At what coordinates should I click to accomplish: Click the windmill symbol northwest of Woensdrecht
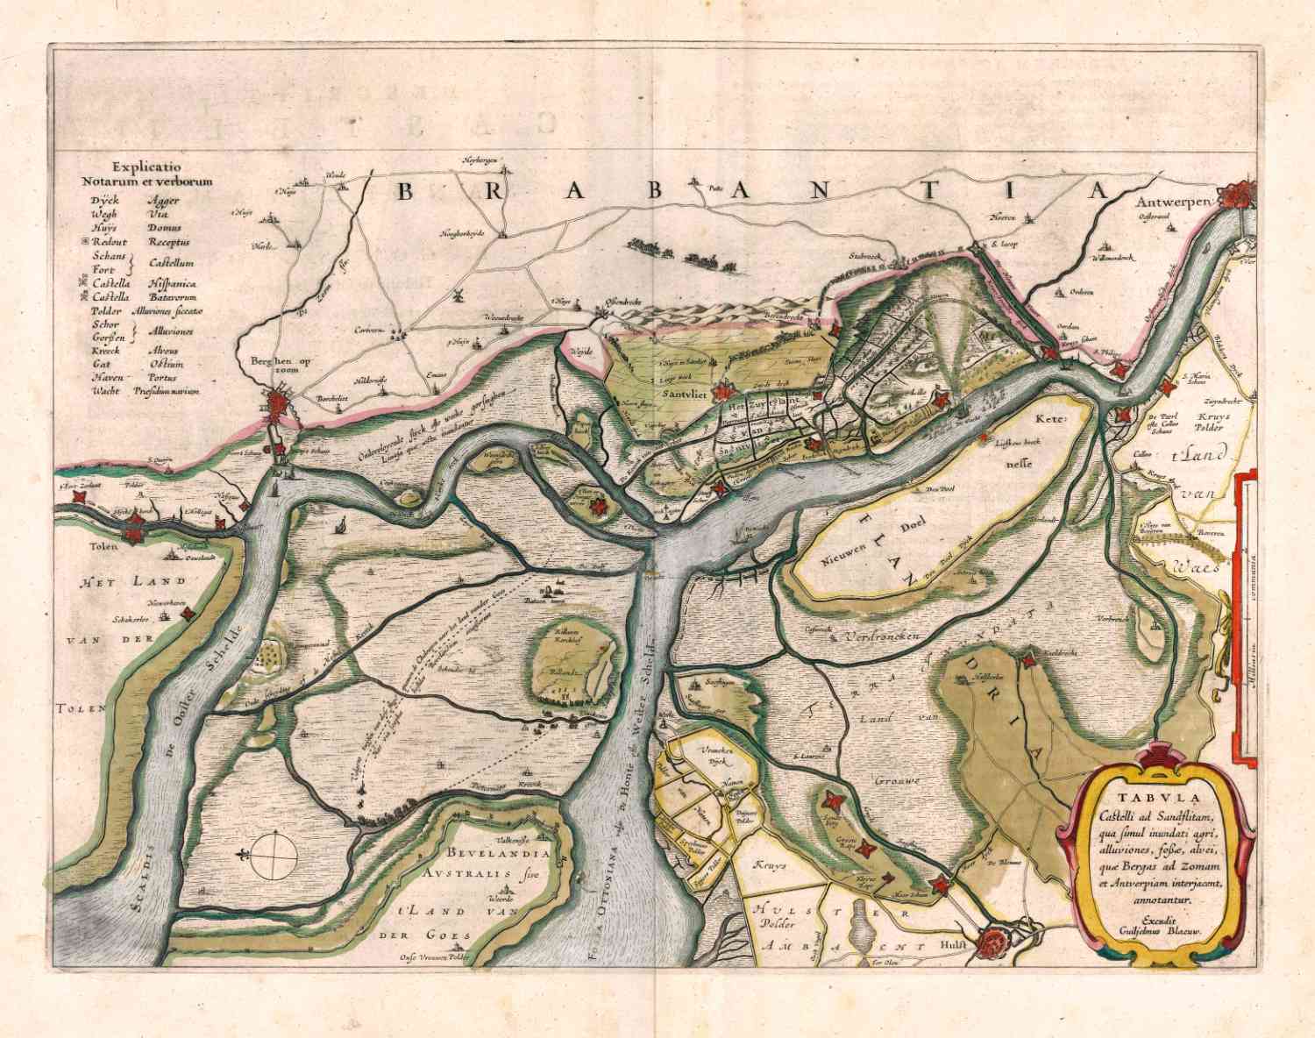coord(456,297)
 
